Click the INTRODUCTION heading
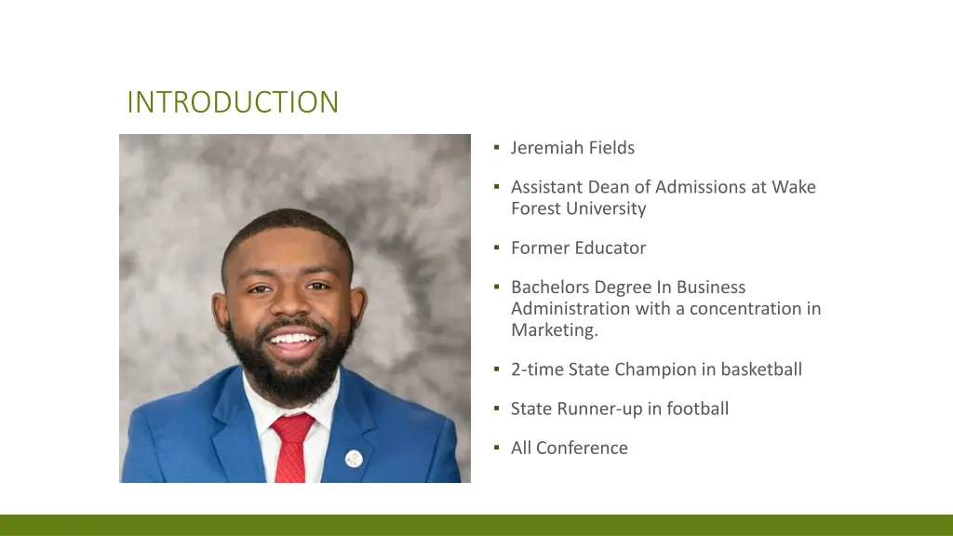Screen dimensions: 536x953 tap(233, 101)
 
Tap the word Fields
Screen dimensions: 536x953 tap(611, 148)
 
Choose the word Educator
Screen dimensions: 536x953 tap(610, 248)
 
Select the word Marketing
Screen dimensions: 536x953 tap(554, 329)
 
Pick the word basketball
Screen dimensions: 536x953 tap(761, 369)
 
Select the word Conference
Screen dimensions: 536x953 tap(583, 448)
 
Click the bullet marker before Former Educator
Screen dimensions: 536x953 tap(498, 248)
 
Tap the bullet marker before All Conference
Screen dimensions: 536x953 tap(498, 448)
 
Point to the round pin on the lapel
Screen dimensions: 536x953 tap(354, 457)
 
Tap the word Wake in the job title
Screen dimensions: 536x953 tap(795, 187)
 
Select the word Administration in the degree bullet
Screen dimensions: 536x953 tap(568, 308)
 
